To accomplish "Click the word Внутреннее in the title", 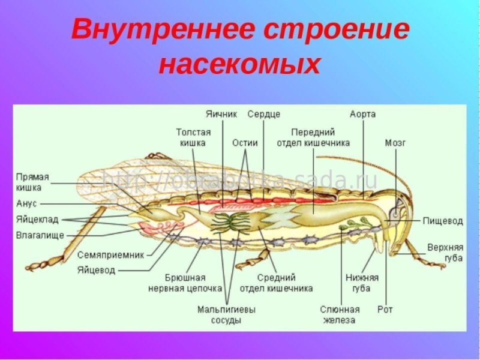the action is pos(164,30).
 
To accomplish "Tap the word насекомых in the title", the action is pos(240,65).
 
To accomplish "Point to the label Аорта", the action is pos(363,113).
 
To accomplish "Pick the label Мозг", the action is pos(395,143).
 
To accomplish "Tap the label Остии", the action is pos(245,143).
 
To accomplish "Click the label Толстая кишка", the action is pos(193,137).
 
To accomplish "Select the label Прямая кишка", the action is pos(32,182).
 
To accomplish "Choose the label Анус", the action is pos(26,204).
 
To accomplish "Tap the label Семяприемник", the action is pos(111,254).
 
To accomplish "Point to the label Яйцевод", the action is pos(96,270).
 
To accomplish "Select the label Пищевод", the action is pos(443,221).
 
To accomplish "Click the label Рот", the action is pos(385,310).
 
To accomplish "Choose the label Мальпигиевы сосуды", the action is pos(226,315).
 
